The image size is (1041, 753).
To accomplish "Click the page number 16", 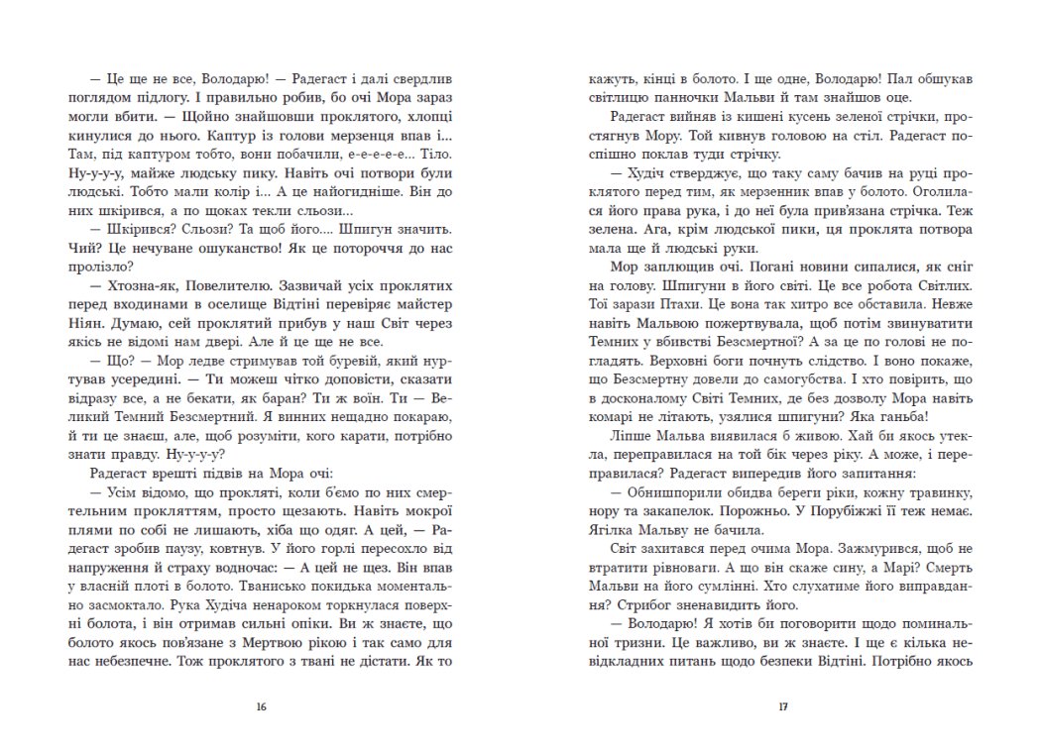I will coord(261,706).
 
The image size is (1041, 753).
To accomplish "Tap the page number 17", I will coord(782,706).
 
